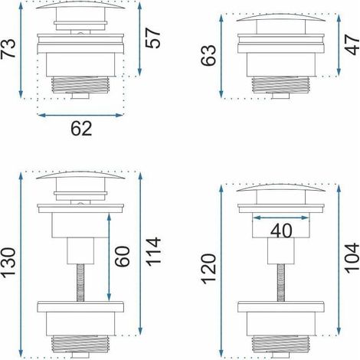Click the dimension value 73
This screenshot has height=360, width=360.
point(8,49)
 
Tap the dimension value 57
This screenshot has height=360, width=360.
point(153,38)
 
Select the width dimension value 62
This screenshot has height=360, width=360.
point(81,129)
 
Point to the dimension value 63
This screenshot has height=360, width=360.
point(208,55)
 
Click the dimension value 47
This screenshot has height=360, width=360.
point(353,45)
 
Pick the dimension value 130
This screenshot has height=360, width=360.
point(8,263)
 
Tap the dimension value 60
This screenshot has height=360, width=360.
point(123,257)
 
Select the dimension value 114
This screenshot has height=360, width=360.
point(153,252)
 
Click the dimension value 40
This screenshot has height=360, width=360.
point(281,231)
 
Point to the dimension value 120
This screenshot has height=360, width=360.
point(209,269)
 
